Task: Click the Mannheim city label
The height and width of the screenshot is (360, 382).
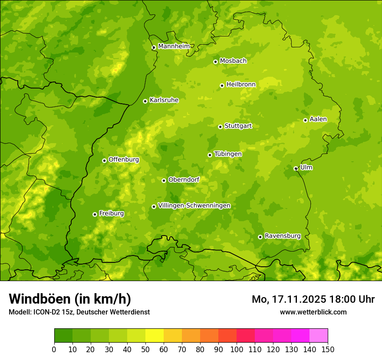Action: pyautogui.click(x=174, y=46)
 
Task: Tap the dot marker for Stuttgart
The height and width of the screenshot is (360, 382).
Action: pyautogui.click(x=220, y=127)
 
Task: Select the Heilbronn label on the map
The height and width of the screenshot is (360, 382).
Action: pyautogui.click(x=241, y=85)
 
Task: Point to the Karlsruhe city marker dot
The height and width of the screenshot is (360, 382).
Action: pyautogui.click(x=145, y=101)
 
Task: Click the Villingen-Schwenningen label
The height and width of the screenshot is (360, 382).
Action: pyautogui.click(x=194, y=206)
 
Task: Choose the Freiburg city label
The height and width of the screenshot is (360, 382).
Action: pyautogui.click(x=111, y=213)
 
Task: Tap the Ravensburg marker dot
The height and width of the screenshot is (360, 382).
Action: pyautogui.click(x=260, y=237)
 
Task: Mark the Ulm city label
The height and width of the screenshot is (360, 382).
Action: pyautogui.click(x=306, y=167)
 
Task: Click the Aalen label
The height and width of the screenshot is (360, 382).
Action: pyautogui.click(x=318, y=119)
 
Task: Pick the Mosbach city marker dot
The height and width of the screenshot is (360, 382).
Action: pyautogui.click(x=215, y=62)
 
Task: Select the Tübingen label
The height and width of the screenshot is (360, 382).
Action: pyautogui.click(x=227, y=154)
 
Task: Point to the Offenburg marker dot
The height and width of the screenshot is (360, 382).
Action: pyautogui.click(x=104, y=160)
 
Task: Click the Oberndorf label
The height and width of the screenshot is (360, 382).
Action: pyautogui.click(x=184, y=180)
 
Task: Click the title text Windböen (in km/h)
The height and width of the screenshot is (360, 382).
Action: pyautogui.click(x=70, y=299)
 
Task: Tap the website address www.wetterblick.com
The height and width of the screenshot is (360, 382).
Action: pyautogui.click(x=313, y=312)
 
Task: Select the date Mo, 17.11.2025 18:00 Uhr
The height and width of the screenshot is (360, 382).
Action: pyautogui.click(x=313, y=299)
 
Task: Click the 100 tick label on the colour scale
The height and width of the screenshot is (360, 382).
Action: pyautogui.click(x=237, y=349)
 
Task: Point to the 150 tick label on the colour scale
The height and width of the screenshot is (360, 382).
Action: pyautogui.click(x=328, y=349)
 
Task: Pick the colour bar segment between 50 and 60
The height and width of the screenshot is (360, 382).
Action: pyautogui.click(x=155, y=336)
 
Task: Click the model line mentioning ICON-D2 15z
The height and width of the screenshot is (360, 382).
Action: pyautogui.click(x=79, y=312)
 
